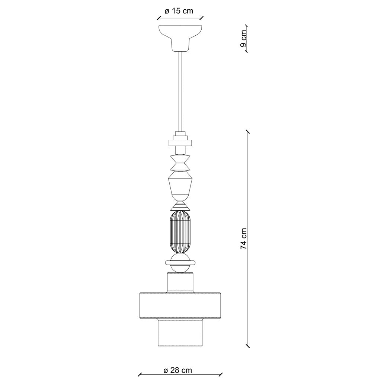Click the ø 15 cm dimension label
click(179, 11)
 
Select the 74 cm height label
click(244, 238)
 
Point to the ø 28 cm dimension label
click(177, 370)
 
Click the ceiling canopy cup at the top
click(180, 38)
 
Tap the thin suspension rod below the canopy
click(180, 92)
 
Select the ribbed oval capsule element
click(180, 232)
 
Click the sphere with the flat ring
click(180, 263)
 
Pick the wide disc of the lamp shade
click(180, 305)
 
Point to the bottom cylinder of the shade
click(180, 332)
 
